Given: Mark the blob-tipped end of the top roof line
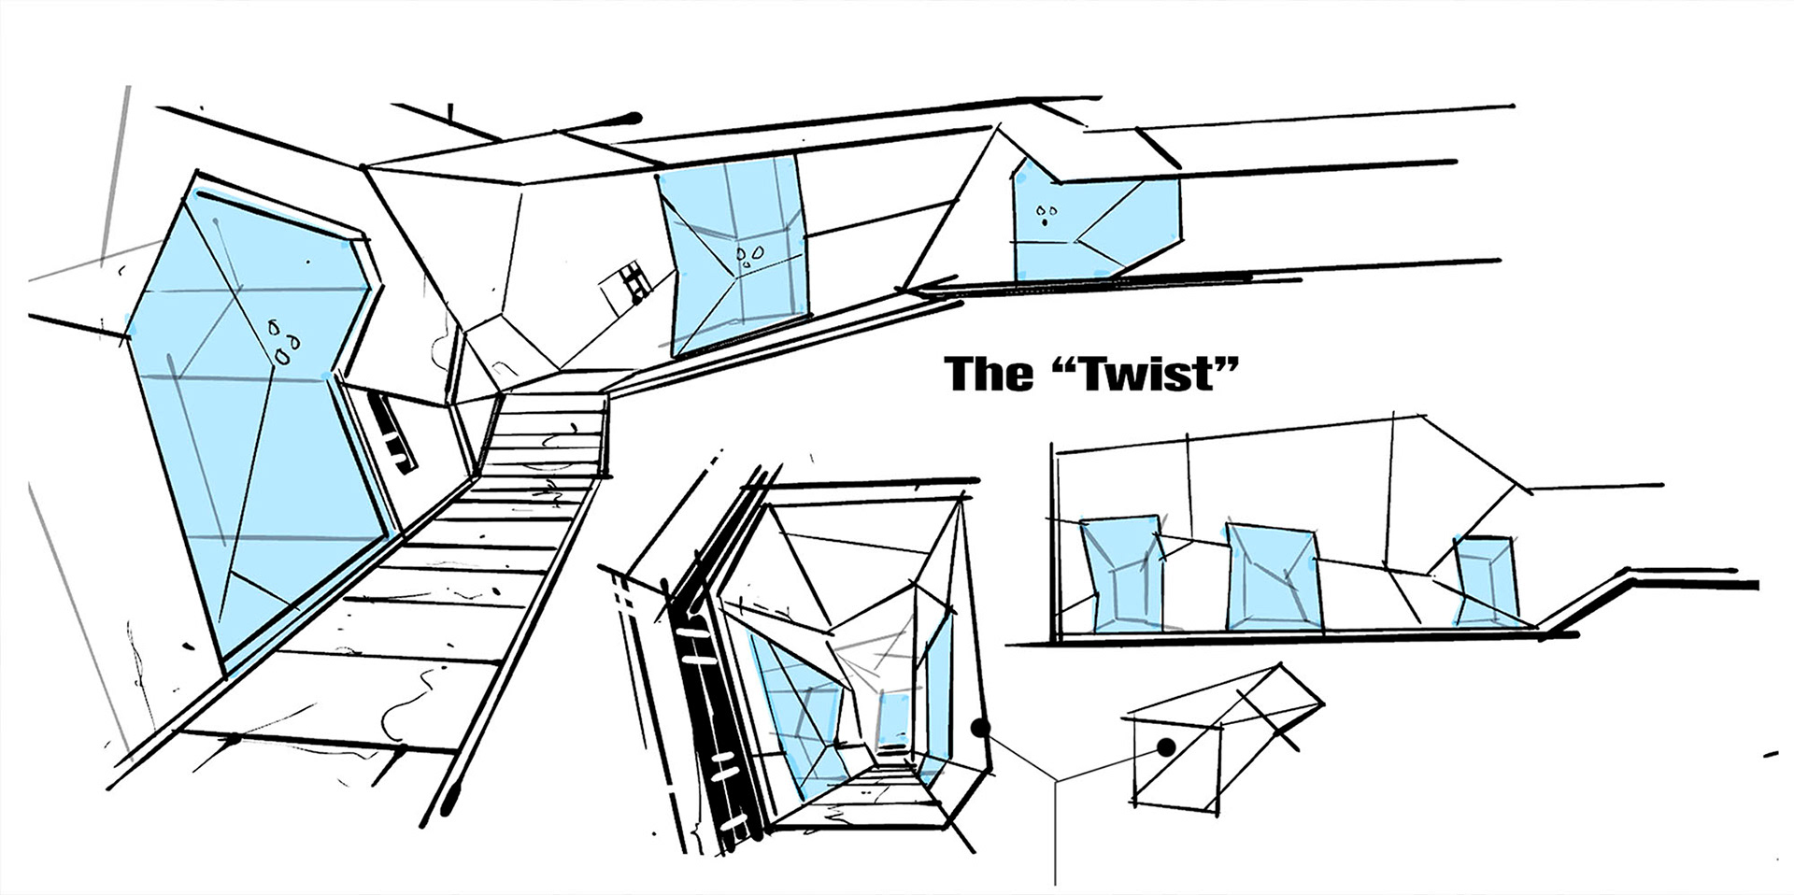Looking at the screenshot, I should coord(634,118).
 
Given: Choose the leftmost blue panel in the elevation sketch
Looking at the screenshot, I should coord(1119,572).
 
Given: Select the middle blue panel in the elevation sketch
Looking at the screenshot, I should coord(1273,577).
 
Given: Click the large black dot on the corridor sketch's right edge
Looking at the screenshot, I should coord(980,728).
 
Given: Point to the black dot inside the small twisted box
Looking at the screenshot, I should coord(1165,746).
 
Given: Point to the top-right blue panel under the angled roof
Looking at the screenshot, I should coord(1093,224).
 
